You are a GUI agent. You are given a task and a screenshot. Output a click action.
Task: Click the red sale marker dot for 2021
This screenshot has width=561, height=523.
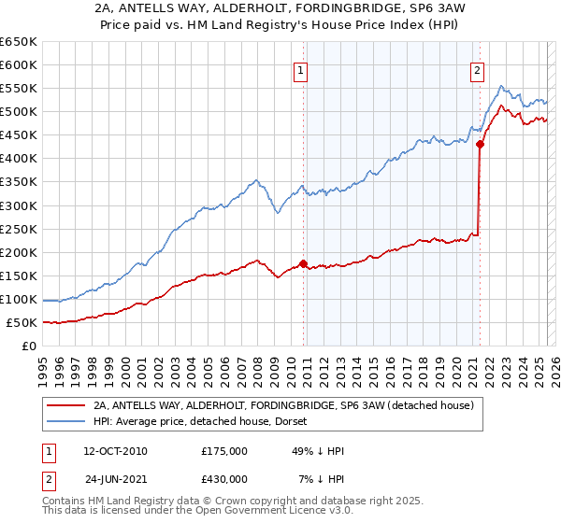pyautogui.click(x=481, y=144)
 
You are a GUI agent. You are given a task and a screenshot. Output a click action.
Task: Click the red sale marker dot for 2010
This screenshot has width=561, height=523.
pyautogui.click(x=304, y=263)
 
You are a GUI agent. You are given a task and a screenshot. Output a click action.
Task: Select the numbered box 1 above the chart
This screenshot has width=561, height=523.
pyautogui.click(x=300, y=69)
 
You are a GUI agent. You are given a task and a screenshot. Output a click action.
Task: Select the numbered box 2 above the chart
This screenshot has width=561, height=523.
pyautogui.click(x=477, y=69)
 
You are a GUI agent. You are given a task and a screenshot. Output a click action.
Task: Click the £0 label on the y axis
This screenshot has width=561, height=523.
pyautogui.click(x=30, y=346)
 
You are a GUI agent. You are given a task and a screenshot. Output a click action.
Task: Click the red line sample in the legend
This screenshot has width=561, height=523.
pyautogui.click(x=67, y=405)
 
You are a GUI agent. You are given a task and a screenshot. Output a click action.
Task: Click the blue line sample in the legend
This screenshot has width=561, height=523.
pyautogui.click(x=67, y=422)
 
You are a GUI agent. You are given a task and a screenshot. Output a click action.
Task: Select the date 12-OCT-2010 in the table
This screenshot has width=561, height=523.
pyautogui.click(x=115, y=451)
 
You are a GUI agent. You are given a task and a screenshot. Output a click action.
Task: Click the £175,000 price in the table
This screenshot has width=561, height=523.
pyautogui.click(x=223, y=451)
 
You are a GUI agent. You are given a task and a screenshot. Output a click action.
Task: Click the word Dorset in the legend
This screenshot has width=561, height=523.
pyautogui.click(x=259, y=422)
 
